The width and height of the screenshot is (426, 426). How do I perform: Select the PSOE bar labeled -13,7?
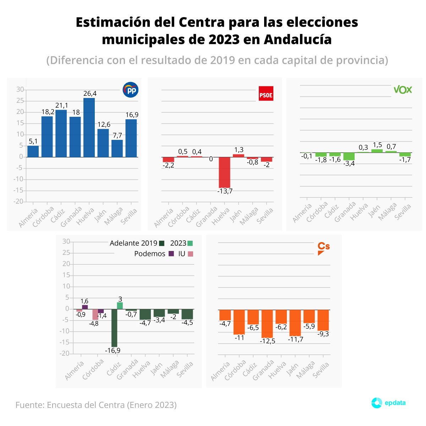click(224, 173)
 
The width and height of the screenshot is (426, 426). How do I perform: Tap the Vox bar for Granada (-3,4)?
click(349, 157)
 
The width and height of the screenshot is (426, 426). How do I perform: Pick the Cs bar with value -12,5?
click(267, 323)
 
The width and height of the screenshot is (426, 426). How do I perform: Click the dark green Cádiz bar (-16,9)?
click(114, 328)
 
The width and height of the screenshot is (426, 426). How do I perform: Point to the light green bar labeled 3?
click(120, 306)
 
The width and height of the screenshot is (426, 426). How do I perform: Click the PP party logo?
click(130, 90)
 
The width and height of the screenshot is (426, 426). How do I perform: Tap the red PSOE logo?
click(266, 94)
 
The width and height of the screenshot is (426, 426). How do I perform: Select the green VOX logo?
click(403, 89)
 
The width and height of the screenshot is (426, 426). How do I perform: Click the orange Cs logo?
click(323, 248)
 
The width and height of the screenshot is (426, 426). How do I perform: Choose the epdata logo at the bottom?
click(388, 403)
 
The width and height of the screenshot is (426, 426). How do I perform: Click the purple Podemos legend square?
click(171, 254)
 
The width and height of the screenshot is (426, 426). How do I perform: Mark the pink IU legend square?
click(191, 254)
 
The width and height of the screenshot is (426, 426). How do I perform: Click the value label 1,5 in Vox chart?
click(377, 145)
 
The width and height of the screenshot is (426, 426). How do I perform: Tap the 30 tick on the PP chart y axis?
click(20, 90)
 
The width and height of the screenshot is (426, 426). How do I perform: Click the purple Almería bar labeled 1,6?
click(85, 307)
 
